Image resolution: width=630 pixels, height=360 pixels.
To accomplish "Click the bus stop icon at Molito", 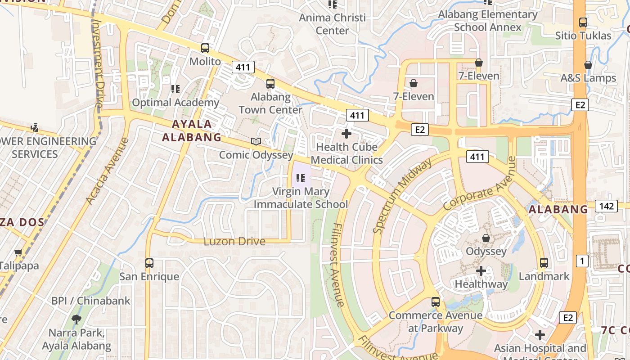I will click(x=205, y=48).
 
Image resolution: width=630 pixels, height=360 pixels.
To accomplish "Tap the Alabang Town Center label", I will click(x=270, y=103).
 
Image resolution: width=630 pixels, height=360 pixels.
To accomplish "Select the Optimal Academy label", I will click(x=175, y=103).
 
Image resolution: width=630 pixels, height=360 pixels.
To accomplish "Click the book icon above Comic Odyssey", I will click(x=256, y=141).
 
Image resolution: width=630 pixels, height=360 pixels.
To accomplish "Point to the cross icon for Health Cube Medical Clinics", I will click(x=346, y=134).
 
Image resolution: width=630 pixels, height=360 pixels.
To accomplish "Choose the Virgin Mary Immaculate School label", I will click(x=301, y=198).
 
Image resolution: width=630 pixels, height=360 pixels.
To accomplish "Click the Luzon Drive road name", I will click(x=234, y=241).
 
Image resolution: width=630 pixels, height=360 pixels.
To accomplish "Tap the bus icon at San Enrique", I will click(x=149, y=263).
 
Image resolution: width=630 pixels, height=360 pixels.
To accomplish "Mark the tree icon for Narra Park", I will click(x=76, y=319).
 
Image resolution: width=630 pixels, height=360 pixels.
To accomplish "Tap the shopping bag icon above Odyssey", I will click(x=486, y=238).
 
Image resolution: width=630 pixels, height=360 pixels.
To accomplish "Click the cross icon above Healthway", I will click(x=481, y=271).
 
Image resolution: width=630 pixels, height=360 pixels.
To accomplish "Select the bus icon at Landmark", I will click(x=544, y=262).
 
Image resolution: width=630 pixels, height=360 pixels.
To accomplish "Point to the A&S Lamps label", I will click(x=588, y=78).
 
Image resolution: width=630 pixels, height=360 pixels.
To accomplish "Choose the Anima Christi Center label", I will click(x=333, y=24).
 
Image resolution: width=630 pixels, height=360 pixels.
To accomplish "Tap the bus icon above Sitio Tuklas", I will click(x=583, y=22).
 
